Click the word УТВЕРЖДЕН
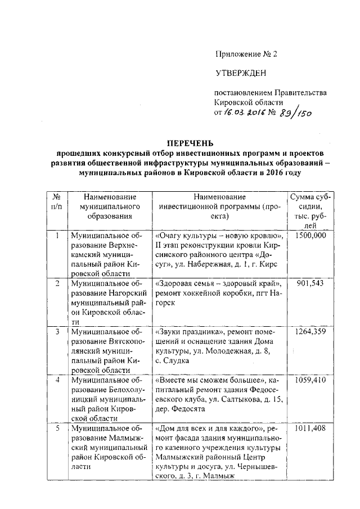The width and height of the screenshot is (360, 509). coord(240,74)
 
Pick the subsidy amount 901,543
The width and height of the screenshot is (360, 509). coord(310,283)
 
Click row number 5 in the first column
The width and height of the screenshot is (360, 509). coord(56,429)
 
